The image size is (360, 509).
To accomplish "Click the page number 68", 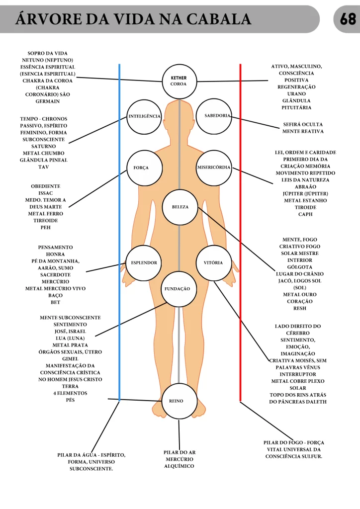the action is pos(348,19).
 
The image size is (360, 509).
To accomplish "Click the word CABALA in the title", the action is pos(219,19).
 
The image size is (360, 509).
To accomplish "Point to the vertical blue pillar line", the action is pos(119,233).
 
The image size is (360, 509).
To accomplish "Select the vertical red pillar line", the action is pos(240,233).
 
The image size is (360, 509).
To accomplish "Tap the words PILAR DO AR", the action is pos(180,452).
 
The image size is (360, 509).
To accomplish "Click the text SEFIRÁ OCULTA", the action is pos(303,124).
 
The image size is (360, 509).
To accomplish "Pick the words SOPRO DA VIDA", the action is pos(47,53).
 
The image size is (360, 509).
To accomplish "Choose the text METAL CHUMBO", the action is pos(43,153).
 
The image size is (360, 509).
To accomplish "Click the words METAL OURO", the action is pos(300,294).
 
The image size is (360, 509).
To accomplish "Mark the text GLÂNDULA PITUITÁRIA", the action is pos(296,104).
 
